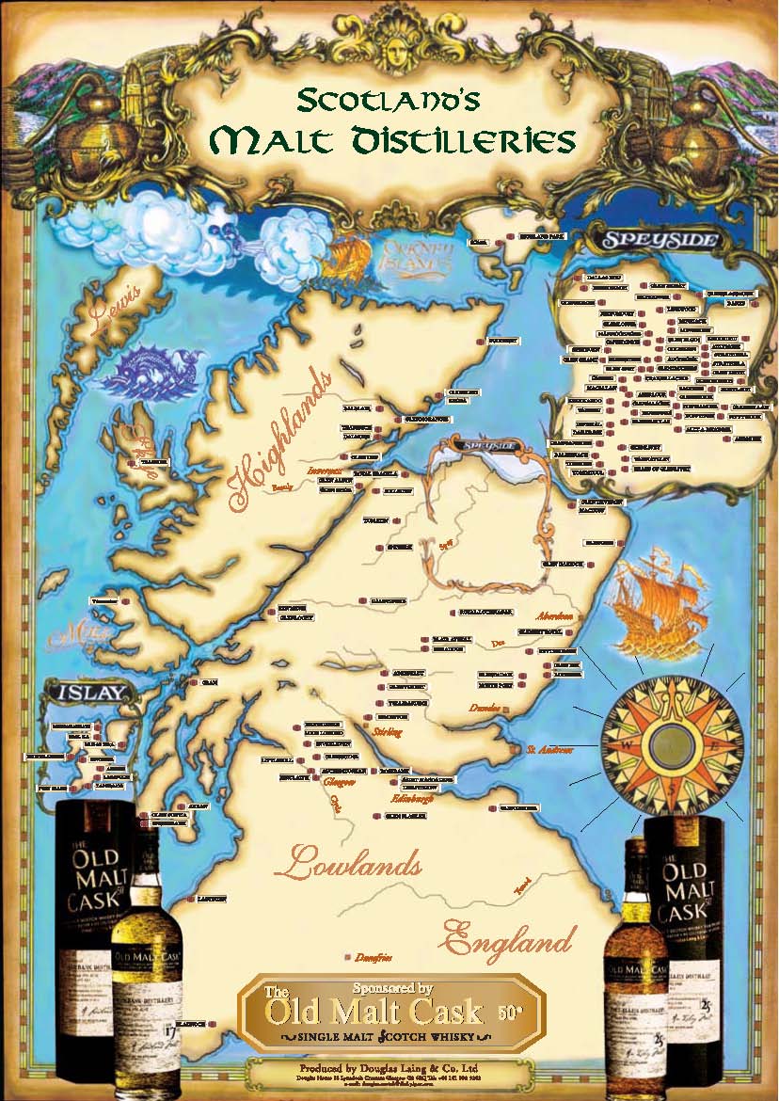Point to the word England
click(x=508, y=938)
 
